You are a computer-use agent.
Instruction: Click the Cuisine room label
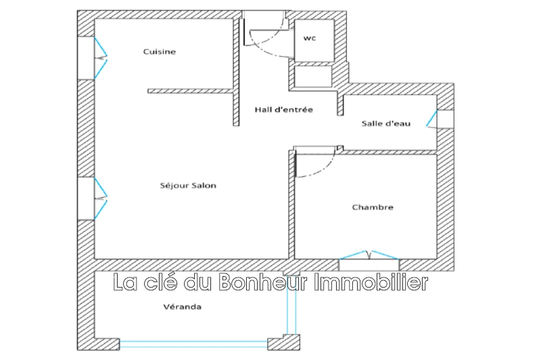[x=160, y=52]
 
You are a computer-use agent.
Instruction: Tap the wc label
[x=310, y=39]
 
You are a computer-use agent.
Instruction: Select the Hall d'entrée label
[x=283, y=110]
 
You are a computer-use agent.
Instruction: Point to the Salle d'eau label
[x=385, y=123]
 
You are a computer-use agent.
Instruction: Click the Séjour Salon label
[x=188, y=185]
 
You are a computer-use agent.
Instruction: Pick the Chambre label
[x=373, y=207]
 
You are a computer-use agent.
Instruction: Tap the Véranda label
[x=182, y=307]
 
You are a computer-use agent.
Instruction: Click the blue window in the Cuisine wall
[x=100, y=58]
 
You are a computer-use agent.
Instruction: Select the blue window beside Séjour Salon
[x=100, y=198]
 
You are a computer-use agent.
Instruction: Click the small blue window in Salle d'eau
[x=431, y=118]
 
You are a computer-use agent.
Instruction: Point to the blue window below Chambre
[x=369, y=254]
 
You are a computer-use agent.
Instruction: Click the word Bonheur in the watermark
[x=262, y=282]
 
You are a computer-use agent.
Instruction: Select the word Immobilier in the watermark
[x=371, y=282]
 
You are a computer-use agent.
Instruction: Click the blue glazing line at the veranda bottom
[x=193, y=344]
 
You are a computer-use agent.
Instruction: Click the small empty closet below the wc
[x=313, y=76]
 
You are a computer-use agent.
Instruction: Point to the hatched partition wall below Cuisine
[x=191, y=91]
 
